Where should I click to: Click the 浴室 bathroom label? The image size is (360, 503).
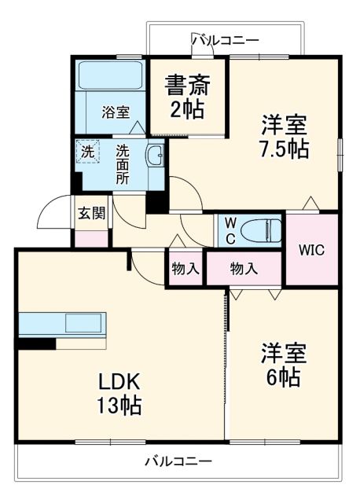115,112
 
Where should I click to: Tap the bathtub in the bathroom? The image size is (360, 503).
110,77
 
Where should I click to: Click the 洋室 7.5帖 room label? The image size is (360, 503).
283,136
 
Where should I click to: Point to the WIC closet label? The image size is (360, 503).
311,251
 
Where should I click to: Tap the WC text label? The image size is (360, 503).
230,229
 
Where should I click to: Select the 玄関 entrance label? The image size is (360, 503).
92,212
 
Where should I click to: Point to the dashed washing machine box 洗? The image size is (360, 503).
87,152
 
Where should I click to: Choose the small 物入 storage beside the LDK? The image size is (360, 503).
185,269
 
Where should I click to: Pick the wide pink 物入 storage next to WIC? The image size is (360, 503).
244,269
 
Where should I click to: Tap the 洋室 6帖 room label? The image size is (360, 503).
281,365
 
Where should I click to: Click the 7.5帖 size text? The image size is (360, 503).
283,148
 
